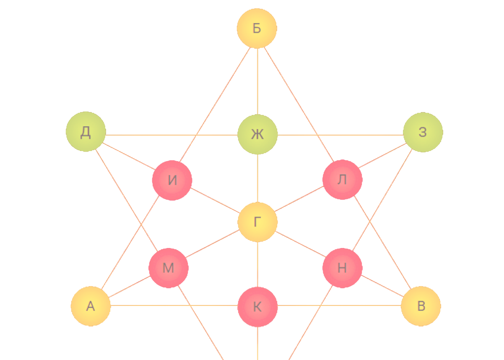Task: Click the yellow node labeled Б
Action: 257,28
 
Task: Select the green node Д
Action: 86,132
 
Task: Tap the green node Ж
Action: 257,134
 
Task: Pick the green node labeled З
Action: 422,132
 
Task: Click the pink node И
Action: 172,180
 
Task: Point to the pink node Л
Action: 342,180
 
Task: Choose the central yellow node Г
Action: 257,222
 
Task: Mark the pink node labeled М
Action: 168,268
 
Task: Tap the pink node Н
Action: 342,268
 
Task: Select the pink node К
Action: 257,307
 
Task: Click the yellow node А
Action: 91,306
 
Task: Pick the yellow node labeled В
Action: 421,306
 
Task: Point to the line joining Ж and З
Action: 340,135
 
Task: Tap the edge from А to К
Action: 174,305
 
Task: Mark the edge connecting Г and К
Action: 257,264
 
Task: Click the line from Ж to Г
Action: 257,178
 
